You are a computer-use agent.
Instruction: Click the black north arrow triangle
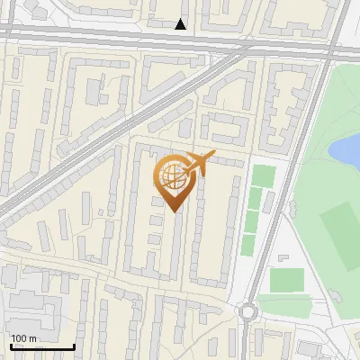(181, 24)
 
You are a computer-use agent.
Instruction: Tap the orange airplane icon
(199, 163)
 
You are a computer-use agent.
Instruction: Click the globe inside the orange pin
(173, 177)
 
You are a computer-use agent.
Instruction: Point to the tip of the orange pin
(173, 212)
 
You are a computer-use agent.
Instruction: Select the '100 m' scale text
(23, 338)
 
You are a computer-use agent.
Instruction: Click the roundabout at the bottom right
(248, 312)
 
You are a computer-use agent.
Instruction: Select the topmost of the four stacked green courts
(263, 175)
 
